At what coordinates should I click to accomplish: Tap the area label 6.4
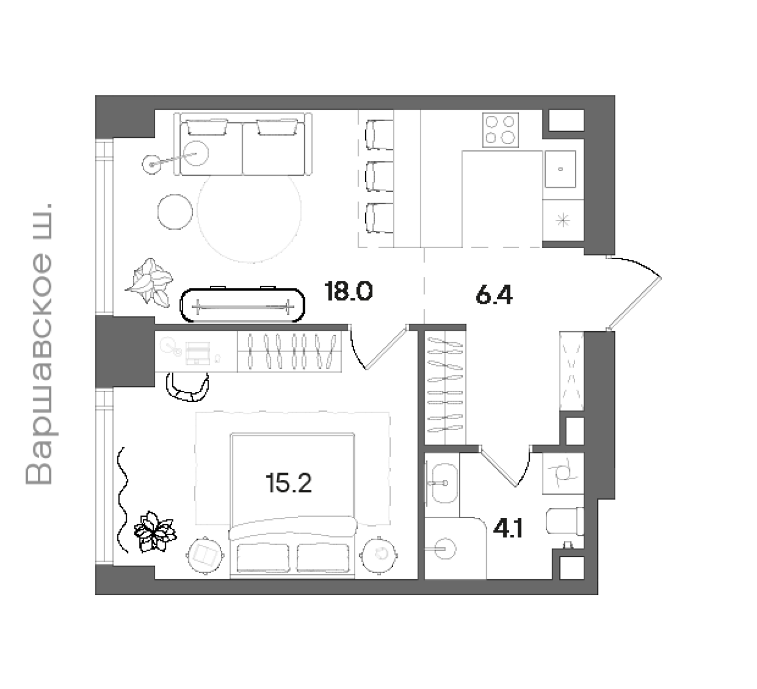pyautogui.click(x=494, y=295)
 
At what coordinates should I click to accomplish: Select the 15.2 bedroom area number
pyautogui.click(x=289, y=483)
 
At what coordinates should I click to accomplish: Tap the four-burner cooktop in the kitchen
pyautogui.click(x=500, y=130)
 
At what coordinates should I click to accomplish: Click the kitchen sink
pyautogui.click(x=560, y=169)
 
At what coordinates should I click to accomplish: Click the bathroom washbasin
pyautogui.click(x=444, y=483)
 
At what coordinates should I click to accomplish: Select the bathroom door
pyautogui.click(x=498, y=467)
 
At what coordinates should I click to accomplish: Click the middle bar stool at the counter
pyautogui.click(x=379, y=176)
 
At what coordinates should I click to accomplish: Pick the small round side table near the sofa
pyautogui.click(x=175, y=212)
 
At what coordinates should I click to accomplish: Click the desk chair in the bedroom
pyautogui.click(x=188, y=386)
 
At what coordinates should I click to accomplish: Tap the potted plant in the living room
pyautogui.click(x=149, y=282)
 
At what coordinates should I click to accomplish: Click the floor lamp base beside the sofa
pyautogui.click(x=152, y=165)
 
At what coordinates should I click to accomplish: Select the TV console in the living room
pyautogui.click(x=242, y=305)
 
